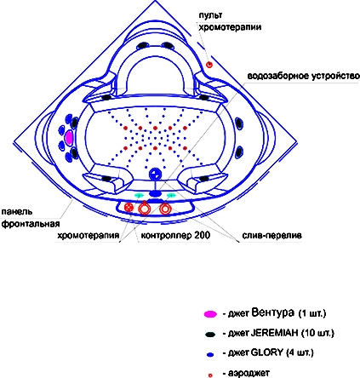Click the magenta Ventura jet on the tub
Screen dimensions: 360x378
69,138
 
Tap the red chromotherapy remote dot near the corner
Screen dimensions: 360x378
209,65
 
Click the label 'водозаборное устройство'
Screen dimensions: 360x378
303,77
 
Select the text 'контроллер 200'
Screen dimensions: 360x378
175,235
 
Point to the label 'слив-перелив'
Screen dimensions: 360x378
271,235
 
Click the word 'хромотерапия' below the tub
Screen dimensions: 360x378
89,236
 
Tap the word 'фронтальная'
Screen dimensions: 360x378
31,224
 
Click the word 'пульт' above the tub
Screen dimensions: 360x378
210,15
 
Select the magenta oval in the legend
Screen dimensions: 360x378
210,314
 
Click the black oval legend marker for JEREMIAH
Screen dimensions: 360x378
210,334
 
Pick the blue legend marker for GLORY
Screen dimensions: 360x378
210,354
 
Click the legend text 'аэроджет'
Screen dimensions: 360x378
249,373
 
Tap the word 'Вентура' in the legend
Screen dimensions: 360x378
272,312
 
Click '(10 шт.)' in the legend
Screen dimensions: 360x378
317,333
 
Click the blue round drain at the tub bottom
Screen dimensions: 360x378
155,174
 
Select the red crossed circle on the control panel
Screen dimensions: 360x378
129,208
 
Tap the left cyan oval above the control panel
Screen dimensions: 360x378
139,195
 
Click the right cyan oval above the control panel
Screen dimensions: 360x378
171,195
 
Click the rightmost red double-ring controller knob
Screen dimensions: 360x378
164,209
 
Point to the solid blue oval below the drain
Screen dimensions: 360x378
155,193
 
